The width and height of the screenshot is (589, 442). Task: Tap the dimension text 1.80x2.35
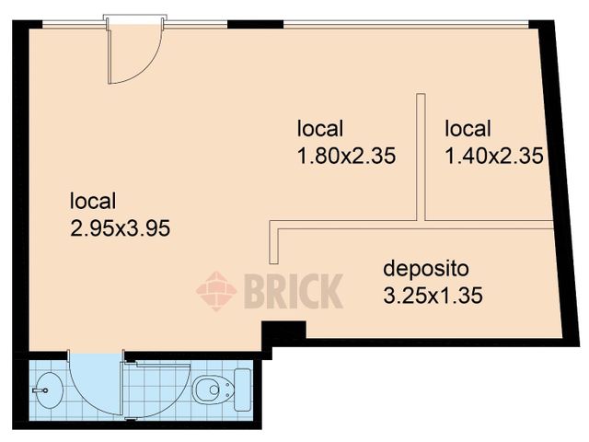click(346, 157)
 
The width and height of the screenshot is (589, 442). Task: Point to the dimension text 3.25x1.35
click(433, 297)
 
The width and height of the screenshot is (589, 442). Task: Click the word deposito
click(426, 270)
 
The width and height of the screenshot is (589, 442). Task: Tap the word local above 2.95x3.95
click(93, 201)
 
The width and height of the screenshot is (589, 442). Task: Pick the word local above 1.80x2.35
click(320, 129)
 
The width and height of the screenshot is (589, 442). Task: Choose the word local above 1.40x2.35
click(468, 129)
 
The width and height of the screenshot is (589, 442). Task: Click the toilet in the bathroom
click(211, 390)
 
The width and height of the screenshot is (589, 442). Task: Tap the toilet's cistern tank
click(242, 390)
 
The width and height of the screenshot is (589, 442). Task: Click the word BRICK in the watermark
click(293, 292)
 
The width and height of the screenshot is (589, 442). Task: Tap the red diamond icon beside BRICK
click(216, 292)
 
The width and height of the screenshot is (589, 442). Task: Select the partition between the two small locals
click(422, 157)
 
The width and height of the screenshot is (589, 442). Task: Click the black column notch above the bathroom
click(283, 329)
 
